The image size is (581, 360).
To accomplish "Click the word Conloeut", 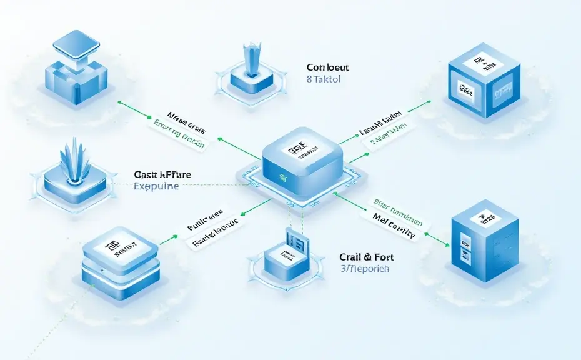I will [x=327, y=67].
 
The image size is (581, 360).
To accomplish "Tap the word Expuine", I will [x=156, y=186].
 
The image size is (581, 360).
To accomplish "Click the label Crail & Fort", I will [x=367, y=257].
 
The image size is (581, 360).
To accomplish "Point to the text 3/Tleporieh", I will [x=365, y=269].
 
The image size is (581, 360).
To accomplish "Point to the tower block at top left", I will [x=74, y=69].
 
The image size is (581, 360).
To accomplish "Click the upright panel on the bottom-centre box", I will [x=295, y=242].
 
